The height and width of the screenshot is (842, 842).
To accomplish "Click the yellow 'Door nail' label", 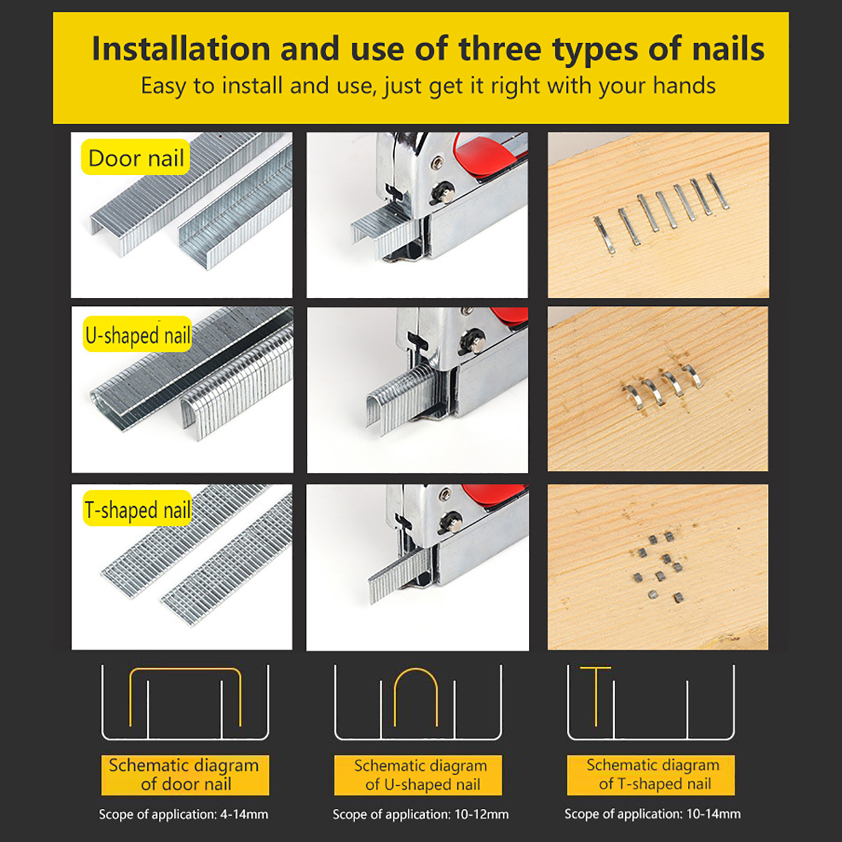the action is point(136,157).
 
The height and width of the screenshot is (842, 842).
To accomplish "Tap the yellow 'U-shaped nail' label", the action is point(137,334).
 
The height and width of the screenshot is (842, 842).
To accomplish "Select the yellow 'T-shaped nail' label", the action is point(137,509).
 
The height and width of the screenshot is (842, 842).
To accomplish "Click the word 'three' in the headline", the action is point(500,49).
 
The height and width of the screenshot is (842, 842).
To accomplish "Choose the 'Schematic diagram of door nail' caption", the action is point(185,775).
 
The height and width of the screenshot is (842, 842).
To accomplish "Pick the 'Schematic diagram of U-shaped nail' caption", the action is point(418,775).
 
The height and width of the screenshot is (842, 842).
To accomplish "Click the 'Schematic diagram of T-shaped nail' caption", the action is point(651,775).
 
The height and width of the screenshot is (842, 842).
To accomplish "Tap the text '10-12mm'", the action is point(482,815).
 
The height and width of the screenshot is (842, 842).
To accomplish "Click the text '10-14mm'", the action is point(714,814).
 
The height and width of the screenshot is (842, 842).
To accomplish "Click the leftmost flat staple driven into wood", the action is point(604,235).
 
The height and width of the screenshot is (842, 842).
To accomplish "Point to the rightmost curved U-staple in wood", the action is point(694,375).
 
